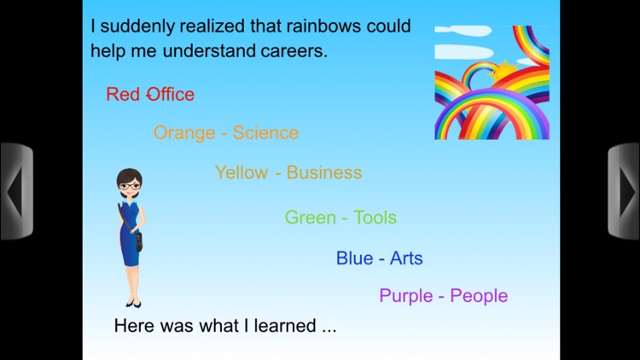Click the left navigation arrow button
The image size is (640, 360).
tap(15, 192)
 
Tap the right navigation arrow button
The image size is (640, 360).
tap(624, 192)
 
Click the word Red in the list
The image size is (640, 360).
tap(123, 94)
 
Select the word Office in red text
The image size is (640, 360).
tap(171, 94)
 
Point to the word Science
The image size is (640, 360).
tap(265, 133)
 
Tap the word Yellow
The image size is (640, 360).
tap(241, 172)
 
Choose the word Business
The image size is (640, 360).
tap(324, 172)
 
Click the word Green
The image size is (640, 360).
tap(311, 218)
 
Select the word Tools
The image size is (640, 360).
tap(375, 218)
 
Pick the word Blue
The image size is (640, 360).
tap(354, 258)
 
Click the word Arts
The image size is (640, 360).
tap(406, 258)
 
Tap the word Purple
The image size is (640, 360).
tap(406, 296)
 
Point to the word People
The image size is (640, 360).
tap(479, 296)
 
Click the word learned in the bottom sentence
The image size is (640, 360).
tap(278, 326)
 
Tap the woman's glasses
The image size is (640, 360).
tap(129, 186)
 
